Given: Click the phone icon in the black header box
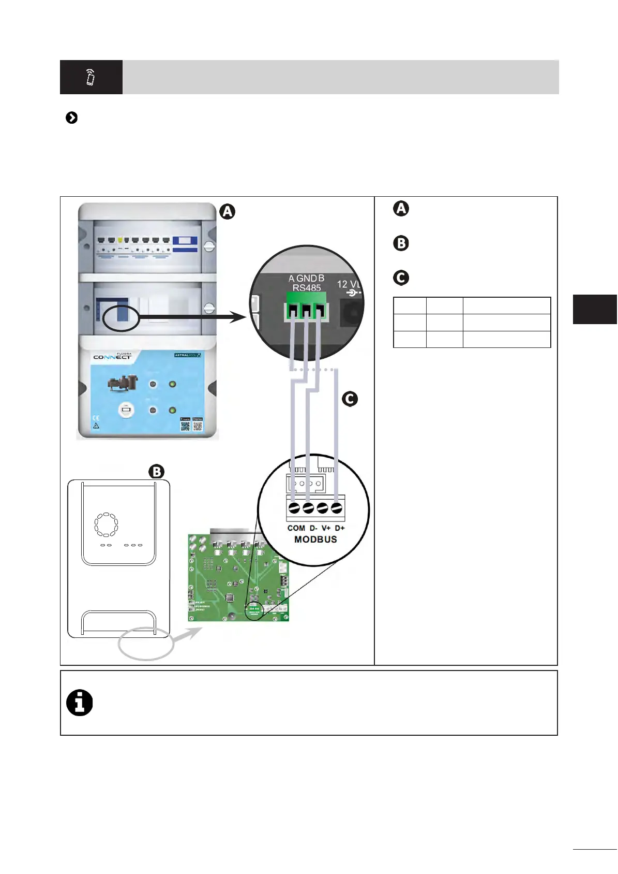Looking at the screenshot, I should pos(91,77).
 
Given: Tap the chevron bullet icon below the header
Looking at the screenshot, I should pos(72,118).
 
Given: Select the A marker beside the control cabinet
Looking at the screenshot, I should pos(227,211).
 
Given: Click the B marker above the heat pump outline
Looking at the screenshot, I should pos(156,472).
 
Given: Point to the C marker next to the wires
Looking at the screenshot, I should pos(350,399).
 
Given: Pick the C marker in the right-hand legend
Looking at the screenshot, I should pos(401,278).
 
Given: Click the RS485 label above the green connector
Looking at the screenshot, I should pos(307,288).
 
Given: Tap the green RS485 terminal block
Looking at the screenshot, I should pos(307,306).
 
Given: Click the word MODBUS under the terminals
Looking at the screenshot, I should pos(315,540).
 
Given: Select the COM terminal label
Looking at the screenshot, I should pos(296,528).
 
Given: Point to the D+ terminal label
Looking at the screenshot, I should pos(340,528).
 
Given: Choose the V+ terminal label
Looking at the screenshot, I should pos(326,528).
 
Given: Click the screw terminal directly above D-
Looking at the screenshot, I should pos(308,508).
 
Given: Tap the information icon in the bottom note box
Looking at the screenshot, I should pos(80,703).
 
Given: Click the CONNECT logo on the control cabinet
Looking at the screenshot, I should pos(112,357).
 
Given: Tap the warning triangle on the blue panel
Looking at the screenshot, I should pos(96,426).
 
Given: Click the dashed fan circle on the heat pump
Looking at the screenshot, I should pos(106,525).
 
